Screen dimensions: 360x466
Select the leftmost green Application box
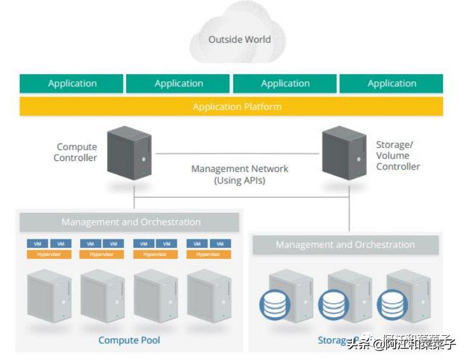coord(72,84)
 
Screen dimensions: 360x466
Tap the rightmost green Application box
coord(391,84)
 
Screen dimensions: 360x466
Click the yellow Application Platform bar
coord(231,107)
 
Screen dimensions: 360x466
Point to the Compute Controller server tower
coord(129,153)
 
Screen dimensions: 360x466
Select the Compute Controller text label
coord(76,153)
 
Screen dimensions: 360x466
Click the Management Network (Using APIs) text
coord(239,174)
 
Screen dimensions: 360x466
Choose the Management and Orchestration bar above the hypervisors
coord(130,222)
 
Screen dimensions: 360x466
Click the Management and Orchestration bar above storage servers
coord(345,245)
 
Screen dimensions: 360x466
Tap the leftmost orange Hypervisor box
coord(49,254)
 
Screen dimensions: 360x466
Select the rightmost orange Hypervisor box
coord(209,254)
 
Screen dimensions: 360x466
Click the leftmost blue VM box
coord(37,244)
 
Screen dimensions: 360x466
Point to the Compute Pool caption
coord(129,340)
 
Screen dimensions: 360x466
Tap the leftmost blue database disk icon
coord(275,305)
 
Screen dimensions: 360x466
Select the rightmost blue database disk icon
coord(392,305)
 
